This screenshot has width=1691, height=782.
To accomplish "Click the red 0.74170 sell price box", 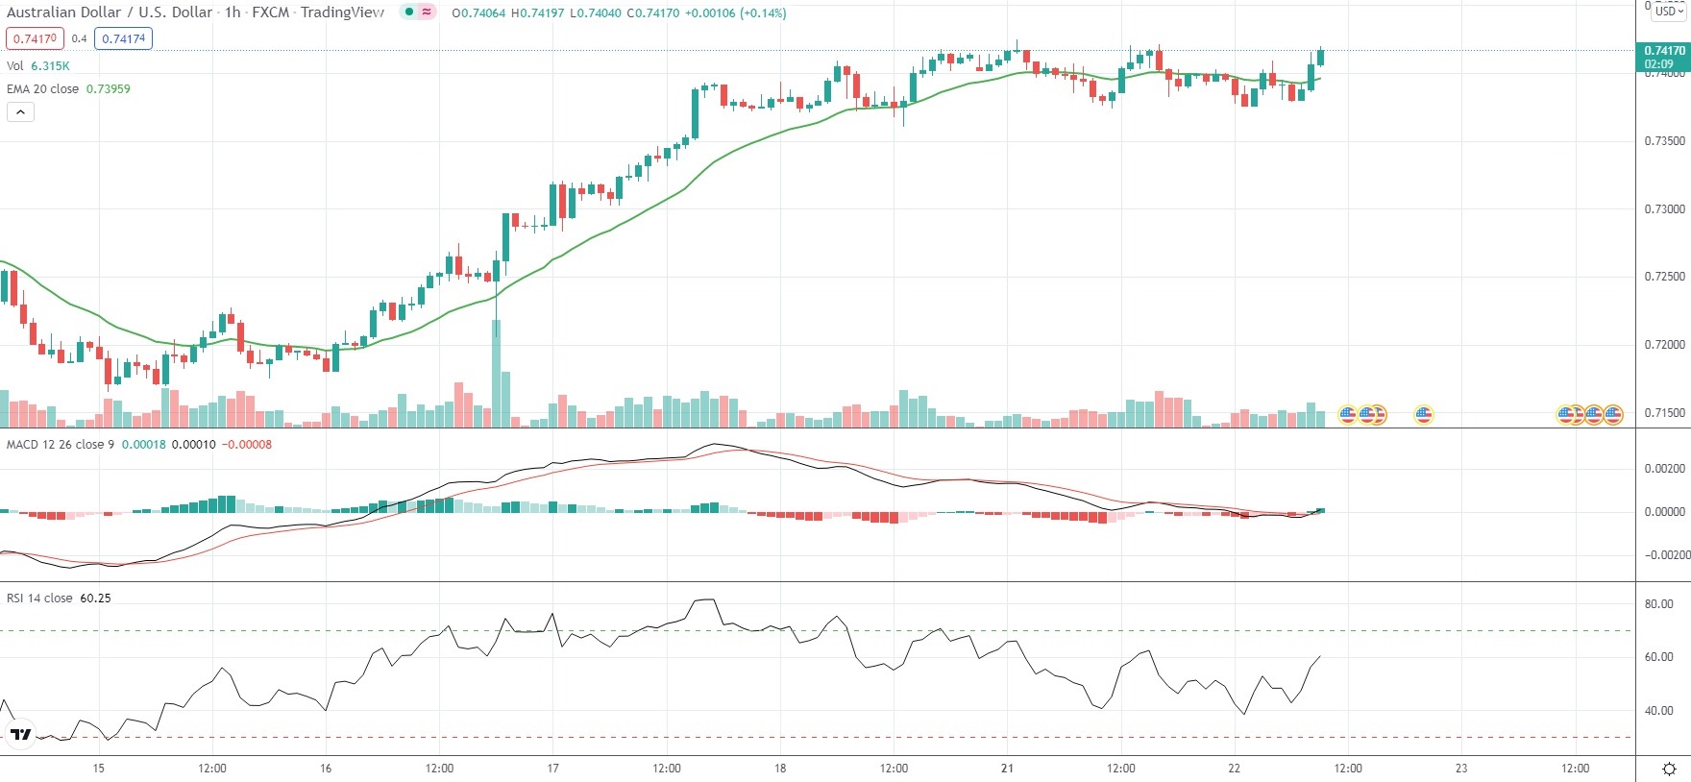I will coord(35,38).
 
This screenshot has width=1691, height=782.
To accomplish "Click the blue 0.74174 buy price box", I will coord(124,38).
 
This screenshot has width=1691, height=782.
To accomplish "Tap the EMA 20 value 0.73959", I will coord(109,88).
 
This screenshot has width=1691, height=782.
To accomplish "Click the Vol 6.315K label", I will coord(38,65).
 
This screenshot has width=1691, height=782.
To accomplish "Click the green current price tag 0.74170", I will coord(1663,51).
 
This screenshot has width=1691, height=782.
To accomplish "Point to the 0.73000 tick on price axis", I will coord(1664,209).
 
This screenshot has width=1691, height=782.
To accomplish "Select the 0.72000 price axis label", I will coord(1664,345).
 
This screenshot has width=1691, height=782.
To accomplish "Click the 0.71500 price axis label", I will coord(1664,413).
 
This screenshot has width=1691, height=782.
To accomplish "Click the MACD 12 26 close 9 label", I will coord(61,445).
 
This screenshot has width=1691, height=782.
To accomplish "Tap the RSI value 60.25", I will coord(95,599).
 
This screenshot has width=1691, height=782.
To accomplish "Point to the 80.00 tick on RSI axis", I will coord(1658,604).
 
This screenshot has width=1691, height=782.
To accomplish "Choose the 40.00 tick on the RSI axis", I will coord(1658,711).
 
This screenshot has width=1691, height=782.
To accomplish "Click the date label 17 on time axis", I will coord(552,769).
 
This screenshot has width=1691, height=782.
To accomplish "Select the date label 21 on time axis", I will coord(1007,769).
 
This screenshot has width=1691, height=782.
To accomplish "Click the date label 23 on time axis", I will coord(1461,769).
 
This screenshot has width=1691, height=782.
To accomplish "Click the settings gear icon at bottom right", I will coord(1669,770).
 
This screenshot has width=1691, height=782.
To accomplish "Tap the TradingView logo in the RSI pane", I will coord(20,735).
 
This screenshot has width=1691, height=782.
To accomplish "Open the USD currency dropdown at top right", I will coord(1669,12).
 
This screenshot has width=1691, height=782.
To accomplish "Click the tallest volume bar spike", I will coord(496,375).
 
